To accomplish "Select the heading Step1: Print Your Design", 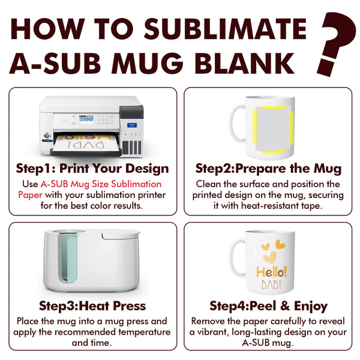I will click(x=92, y=168).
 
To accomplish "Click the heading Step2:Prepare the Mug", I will click(x=268, y=168).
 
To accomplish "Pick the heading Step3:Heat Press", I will click(x=92, y=306).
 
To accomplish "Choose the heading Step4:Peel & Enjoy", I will click(x=268, y=306).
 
